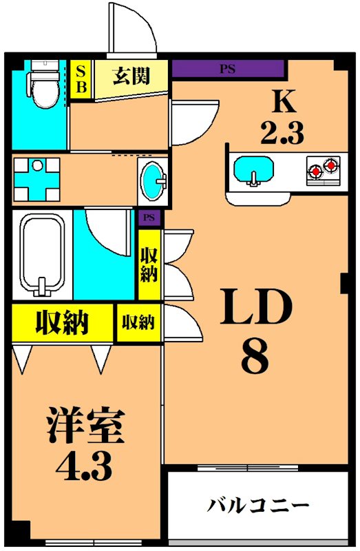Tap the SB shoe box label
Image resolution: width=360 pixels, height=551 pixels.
click(81, 78)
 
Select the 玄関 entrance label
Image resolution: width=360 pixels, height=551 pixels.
click(131, 76)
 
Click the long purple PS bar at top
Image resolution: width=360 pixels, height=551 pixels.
click(227, 69)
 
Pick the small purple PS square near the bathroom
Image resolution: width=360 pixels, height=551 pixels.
click(149, 218)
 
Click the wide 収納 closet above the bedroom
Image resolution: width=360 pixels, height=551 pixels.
click(63, 322)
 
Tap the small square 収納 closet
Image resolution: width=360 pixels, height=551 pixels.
click(138, 322)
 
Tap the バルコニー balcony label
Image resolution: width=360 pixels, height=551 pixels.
click(258, 506)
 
